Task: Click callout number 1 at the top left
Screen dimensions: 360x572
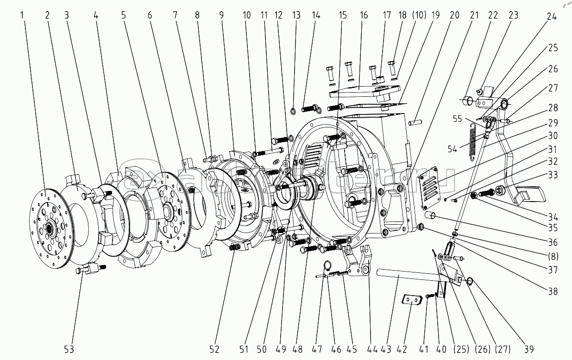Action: (23, 15)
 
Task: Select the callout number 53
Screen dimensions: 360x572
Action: (69, 348)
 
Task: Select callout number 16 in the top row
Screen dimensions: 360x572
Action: (364, 15)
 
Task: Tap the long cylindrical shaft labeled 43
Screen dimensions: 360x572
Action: (408, 277)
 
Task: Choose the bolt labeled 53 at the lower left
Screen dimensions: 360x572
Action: (90, 269)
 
